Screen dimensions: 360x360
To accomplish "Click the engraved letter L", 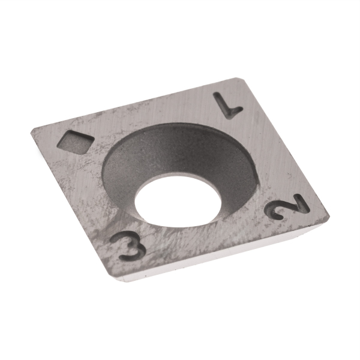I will click(x=229, y=106).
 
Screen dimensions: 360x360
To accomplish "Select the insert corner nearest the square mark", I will click(x=31, y=129).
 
